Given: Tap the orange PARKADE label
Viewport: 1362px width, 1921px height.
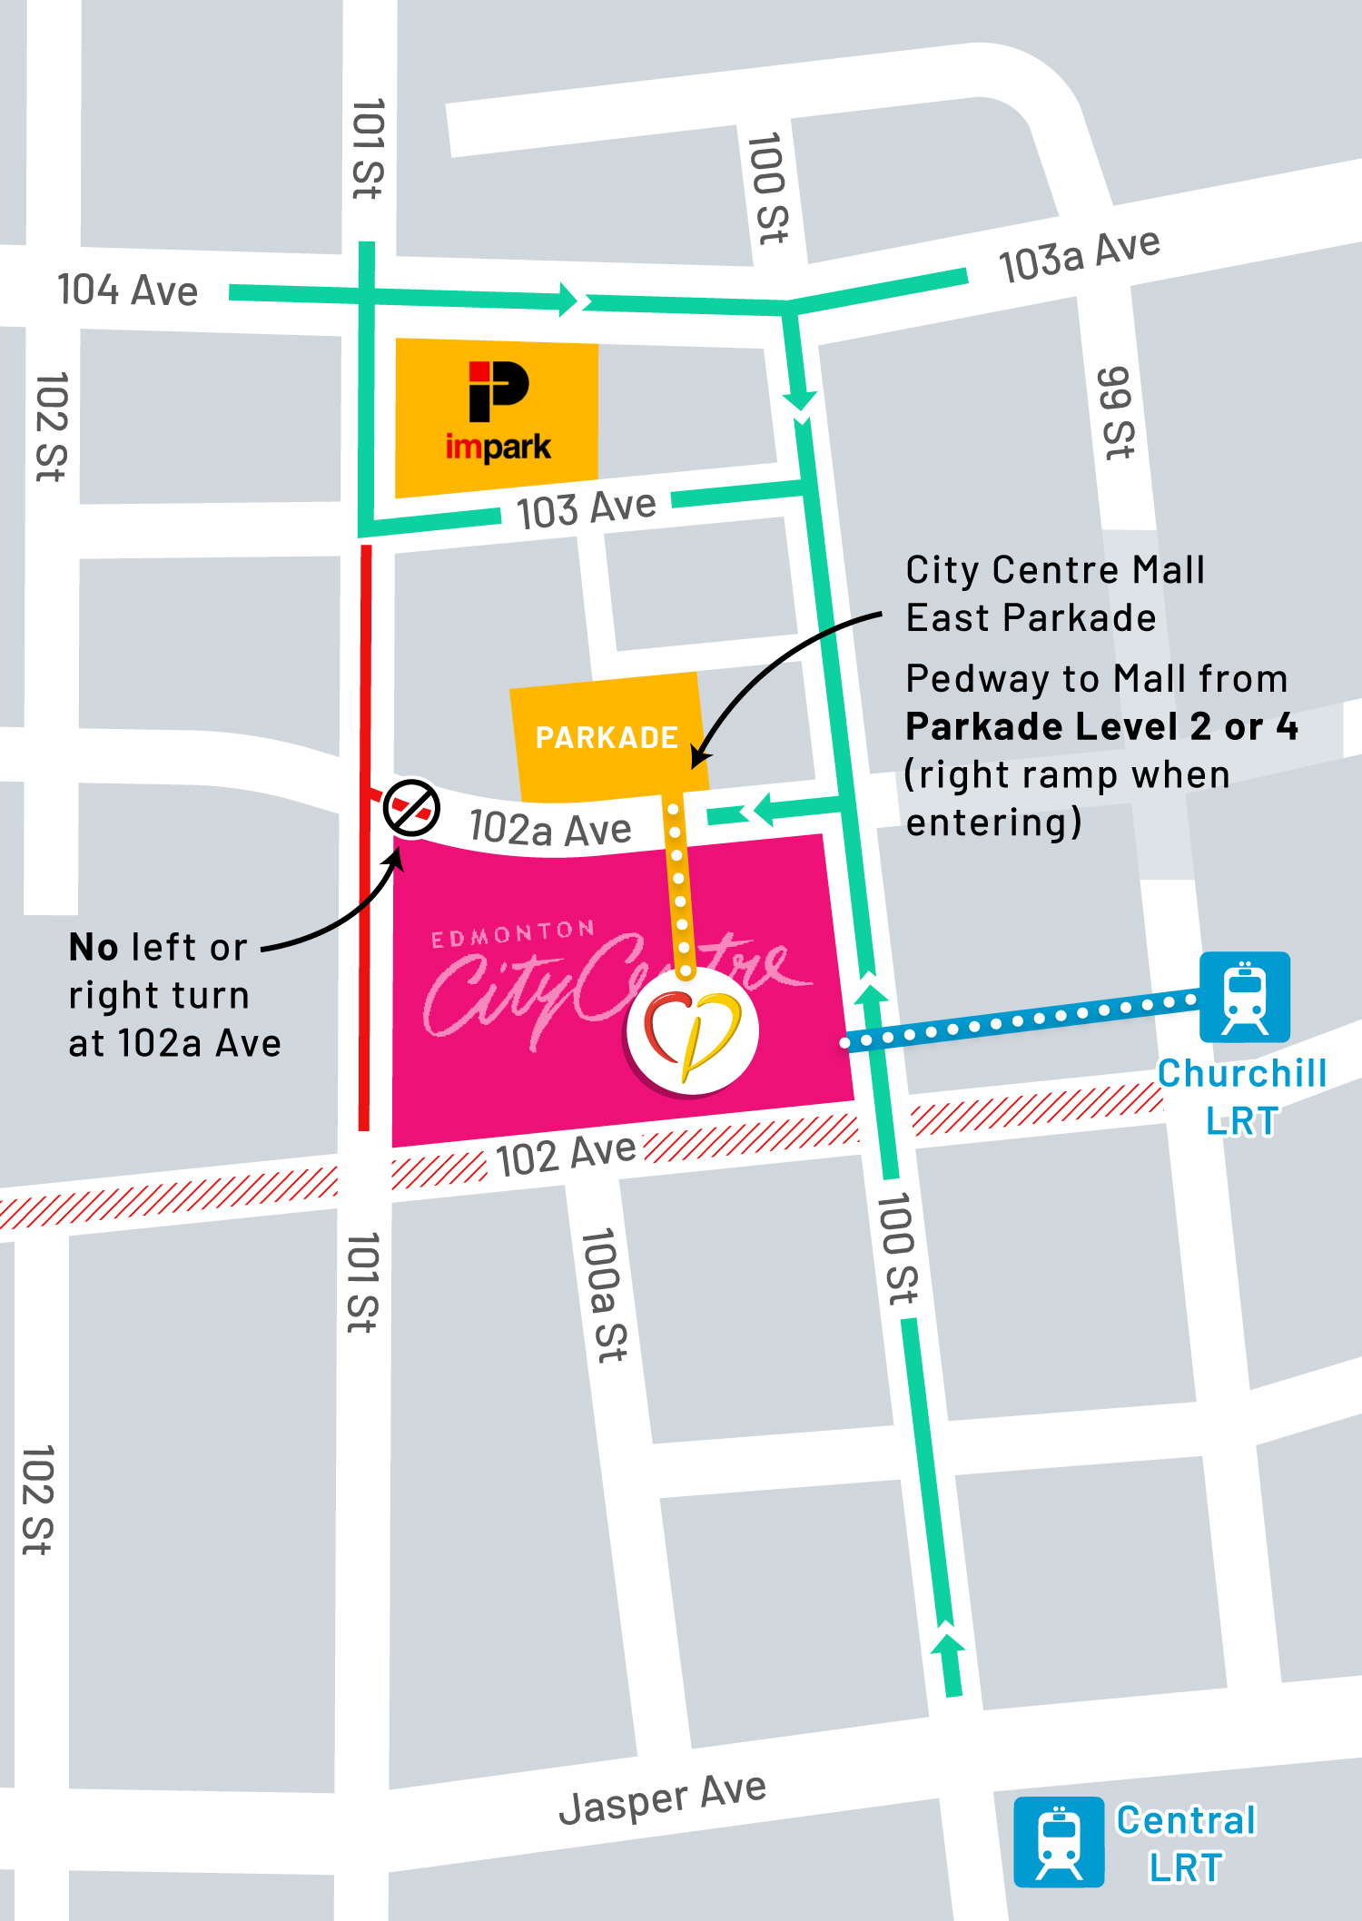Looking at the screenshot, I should coord(607,737).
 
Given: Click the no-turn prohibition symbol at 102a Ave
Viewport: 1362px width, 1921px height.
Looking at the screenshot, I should coord(411,807).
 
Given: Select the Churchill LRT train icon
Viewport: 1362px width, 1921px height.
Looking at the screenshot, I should coord(1245,997).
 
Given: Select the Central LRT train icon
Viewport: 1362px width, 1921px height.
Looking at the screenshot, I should coord(1059,1842).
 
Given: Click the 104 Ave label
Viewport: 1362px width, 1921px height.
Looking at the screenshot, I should coord(127,291).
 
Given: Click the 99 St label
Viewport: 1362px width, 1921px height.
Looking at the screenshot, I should coord(1116,413).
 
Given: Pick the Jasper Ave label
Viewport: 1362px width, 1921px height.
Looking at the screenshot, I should coord(663,1798).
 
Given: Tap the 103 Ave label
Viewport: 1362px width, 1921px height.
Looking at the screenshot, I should coord(587,508).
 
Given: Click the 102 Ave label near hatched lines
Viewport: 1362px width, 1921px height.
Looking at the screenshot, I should coord(566,1155).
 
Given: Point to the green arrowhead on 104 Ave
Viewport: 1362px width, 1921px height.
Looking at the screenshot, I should coord(570,299).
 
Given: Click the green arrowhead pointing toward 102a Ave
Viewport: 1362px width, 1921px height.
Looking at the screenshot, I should coord(761,809).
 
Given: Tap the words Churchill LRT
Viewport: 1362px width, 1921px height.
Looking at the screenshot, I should coord(1241,1097).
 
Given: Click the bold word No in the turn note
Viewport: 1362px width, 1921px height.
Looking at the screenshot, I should coord(94,947).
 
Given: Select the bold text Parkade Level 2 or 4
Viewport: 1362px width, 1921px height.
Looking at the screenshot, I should coord(1101,726).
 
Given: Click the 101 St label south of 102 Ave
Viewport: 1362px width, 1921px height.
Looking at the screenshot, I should coord(363,1282).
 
